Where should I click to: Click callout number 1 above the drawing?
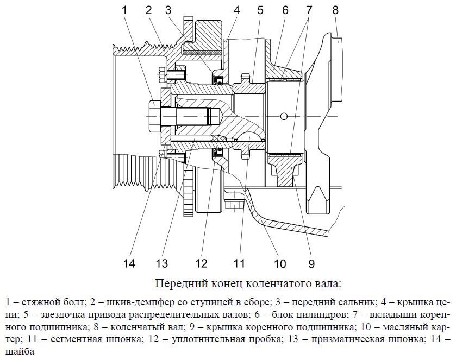tap(125, 10)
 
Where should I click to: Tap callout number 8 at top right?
tap(335, 10)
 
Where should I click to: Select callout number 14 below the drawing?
tap(129, 264)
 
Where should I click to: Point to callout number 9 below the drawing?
tap(311, 264)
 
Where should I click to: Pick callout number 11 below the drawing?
tap(240, 264)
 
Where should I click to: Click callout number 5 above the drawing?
tap(260, 10)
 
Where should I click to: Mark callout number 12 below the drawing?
tap(202, 264)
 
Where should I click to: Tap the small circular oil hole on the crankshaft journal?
tap(283, 115)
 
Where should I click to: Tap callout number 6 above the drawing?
tap(285, 10)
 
